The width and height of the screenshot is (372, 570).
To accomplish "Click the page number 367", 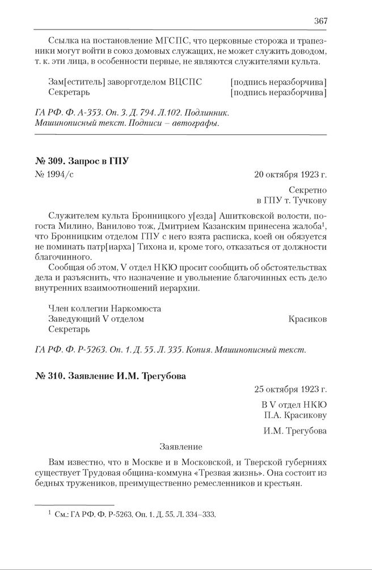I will (x=320, y=21).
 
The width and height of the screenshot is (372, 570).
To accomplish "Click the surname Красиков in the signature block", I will (x=307, y=319).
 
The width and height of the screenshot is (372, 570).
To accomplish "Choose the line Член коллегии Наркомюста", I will (x=105, y=309).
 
